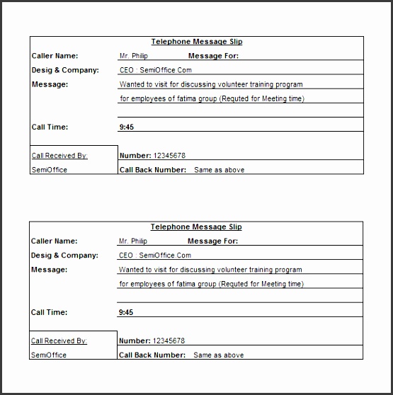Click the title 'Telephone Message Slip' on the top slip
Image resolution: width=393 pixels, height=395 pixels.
pyautogui.click(x=197, y=42)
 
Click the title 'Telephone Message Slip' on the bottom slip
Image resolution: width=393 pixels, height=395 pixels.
pyautogui.click(x=196, y=227)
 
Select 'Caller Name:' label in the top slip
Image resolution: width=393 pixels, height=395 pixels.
pyautogui.click(x=55, y=56)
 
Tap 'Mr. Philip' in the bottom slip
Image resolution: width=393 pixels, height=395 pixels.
pyautogui.click(x=133, y=241)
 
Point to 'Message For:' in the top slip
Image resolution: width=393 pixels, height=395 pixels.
pyautogui.click(x=213, y=56)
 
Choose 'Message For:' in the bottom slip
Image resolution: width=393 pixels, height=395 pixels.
pyautogui.click(x=212, y=241)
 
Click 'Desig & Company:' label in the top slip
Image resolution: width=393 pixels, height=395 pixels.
pyautogui.click(x=64, y=70)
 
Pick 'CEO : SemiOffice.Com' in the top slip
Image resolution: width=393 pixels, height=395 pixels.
pyautogui.click(x=156, y=70)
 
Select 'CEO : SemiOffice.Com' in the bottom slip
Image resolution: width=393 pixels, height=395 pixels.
pyautogui.click(x=155, y=256)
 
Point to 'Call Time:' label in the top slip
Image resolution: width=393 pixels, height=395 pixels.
pyautogui.click(x=50, y=127)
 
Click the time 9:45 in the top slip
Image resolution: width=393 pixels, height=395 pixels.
pyautogui.click(x=126, y=127)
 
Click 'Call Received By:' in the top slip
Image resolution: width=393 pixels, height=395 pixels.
pyautogui.click(x=59, y=155)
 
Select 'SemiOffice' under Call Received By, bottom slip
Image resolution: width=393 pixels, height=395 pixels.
pyautogui.click(x=49, y=355)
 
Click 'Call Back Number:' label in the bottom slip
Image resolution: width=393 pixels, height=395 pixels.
pyautogui.click(x=152, y=355)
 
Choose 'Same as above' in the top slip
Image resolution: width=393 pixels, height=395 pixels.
pyautogui.click(x=220, y=170)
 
